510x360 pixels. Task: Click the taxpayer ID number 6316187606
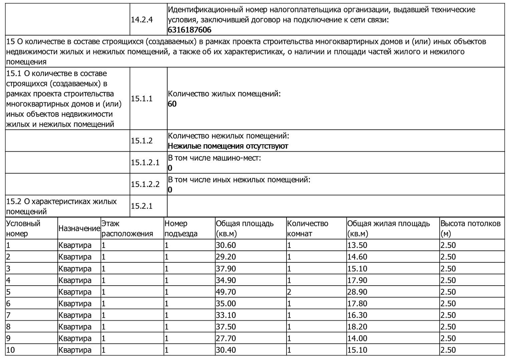189,30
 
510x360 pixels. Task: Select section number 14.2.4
142,20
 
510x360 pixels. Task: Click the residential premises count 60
172,104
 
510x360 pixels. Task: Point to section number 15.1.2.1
145,163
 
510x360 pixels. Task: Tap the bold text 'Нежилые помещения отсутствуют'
228,146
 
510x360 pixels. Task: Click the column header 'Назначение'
79,229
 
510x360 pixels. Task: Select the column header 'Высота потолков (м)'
470,228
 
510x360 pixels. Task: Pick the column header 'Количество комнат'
308,228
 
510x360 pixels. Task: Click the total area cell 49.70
226,292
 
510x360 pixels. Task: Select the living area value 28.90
357,292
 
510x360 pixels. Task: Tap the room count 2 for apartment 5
289,292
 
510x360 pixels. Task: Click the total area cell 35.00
226,304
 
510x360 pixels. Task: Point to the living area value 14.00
357,339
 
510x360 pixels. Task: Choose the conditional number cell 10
11,350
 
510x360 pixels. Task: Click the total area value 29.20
226,257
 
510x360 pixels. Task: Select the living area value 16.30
357,315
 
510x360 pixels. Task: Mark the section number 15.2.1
142,206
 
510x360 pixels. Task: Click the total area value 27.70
226,339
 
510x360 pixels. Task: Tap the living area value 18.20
357,327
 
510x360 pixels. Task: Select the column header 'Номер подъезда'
181,228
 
